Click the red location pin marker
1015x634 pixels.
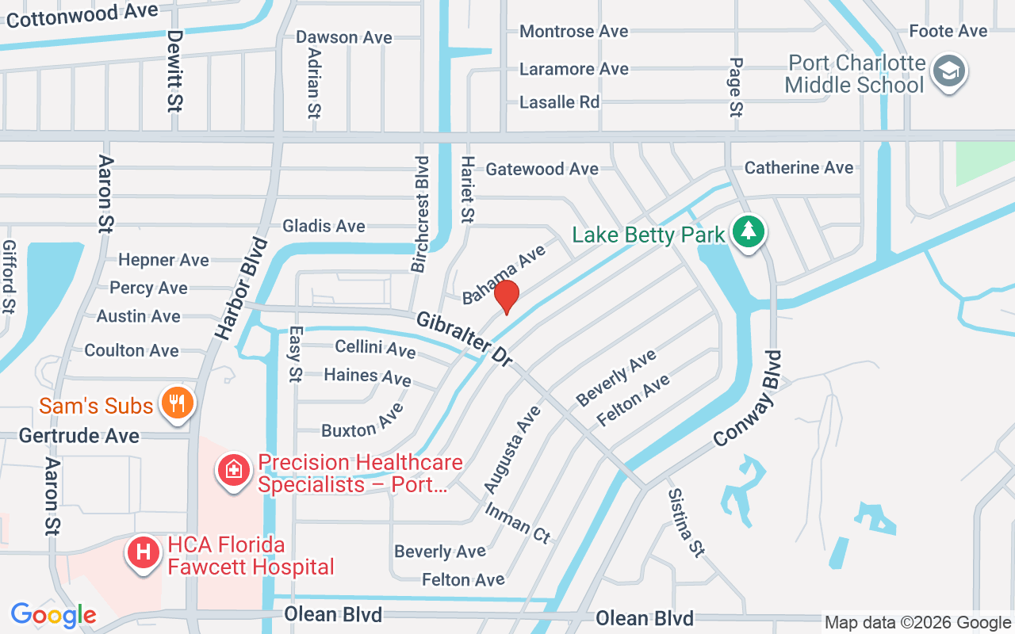[x=506, y=297]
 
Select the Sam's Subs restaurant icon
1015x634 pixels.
[x=177, y=403]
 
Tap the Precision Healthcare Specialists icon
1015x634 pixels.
[x=234, y=470]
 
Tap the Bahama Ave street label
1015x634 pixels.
[x=504, y=274]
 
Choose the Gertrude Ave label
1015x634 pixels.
[x=79, y=436]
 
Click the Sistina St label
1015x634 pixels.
[x=686, y=522]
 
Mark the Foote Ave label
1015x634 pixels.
[x=948, y=31]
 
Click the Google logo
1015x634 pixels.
[x=53, y=615]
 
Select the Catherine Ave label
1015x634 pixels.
[x=799, y=168]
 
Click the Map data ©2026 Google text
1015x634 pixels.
[x=917, y=623]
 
